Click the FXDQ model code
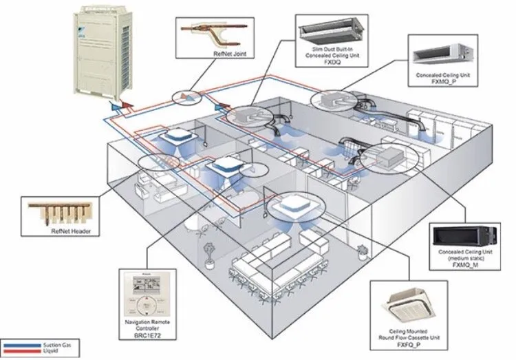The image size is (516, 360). click(333, 59)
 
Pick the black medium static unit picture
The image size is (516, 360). click(466, 235)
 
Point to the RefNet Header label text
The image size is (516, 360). click(71, 231)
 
